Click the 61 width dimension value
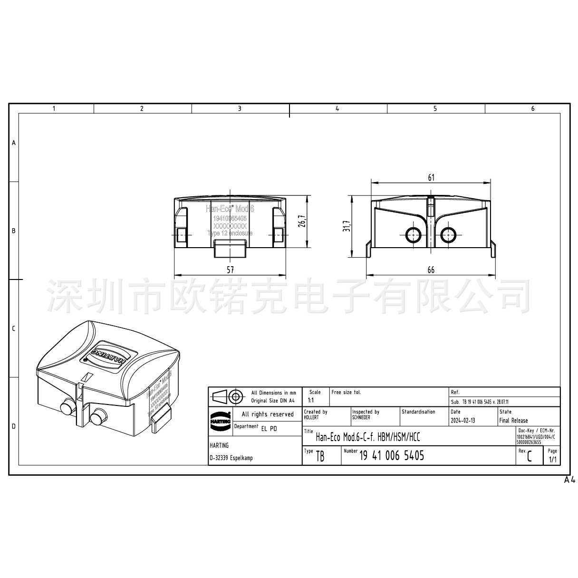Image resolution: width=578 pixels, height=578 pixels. [431, 178]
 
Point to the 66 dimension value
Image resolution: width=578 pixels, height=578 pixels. [431, 270]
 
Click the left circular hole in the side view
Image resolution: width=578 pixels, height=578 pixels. [412, 234]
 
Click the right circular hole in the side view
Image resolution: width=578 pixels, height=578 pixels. [448, 234]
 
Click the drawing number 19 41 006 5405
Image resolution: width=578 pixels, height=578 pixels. [392, 456]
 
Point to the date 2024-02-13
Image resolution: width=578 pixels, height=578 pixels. [462, 421]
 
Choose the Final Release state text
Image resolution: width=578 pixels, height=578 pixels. [513, 421]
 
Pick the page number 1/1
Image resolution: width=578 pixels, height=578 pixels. [553, 460]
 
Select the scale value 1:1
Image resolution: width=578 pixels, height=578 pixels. [311, 400]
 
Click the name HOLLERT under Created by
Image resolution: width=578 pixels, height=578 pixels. [311, 417]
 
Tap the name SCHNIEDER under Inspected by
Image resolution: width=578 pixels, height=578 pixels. [361, 417]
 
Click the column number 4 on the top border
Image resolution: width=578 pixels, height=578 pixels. [337, 109]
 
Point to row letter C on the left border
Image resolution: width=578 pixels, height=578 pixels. [13, 328]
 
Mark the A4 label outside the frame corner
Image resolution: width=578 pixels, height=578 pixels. [569, 480]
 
